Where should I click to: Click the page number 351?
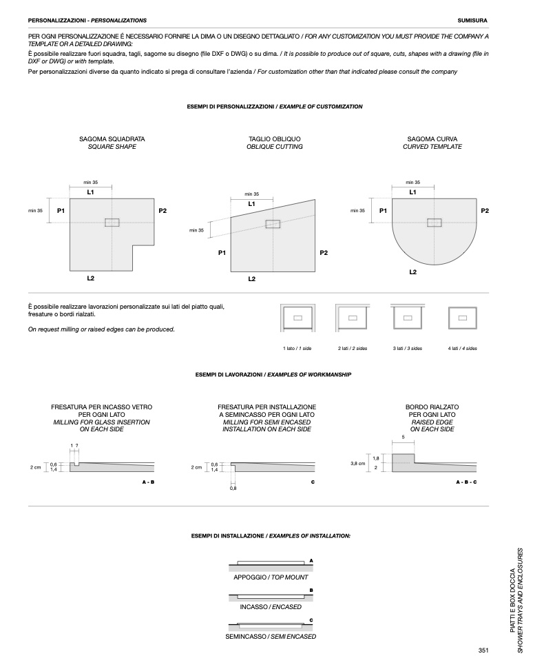(x=483, y=650)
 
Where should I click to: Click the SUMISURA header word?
(x=472, y=21)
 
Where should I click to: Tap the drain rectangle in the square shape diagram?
(x=112, y=222)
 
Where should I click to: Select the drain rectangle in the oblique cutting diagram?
(x=273, y=224)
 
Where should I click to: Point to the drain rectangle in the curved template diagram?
(x=435, y=222)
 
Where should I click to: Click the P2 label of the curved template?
(x=485, y=210)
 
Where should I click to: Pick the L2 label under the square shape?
(x=91, y=278)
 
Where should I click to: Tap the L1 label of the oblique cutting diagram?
(x=251, y=204)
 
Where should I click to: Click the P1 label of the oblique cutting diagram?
(x=222, y=253)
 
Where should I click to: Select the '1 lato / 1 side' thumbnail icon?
(x=297, y=318)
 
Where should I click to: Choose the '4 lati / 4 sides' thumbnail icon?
(x=462, y=318)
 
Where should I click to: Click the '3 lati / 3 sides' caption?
(x=407, y=349)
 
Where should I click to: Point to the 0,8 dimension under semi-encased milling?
(x=233, y=489)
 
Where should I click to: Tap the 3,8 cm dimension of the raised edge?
(x=357, y=464)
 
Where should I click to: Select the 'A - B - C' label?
(x=466, y=482)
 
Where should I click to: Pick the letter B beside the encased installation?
(x=311, y=591)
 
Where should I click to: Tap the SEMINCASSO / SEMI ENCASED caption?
(x=271, y=637)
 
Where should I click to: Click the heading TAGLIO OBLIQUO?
(x=265, y=138)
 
